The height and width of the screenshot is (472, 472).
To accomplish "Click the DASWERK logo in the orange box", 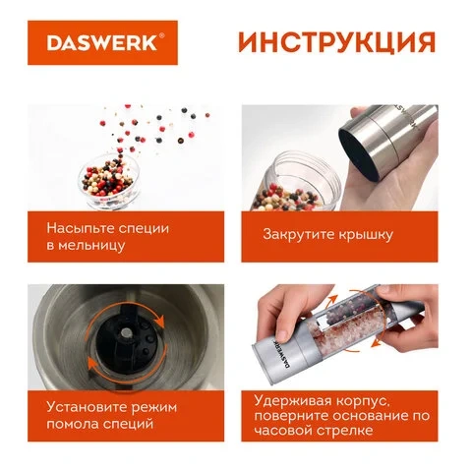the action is [x=102, y=42].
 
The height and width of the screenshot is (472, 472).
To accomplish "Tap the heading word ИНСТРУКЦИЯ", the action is [x=337, y=42].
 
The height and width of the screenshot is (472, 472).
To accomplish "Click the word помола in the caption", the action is [x=72, y=424].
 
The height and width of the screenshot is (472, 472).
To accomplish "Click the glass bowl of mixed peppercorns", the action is [x=109, y=181].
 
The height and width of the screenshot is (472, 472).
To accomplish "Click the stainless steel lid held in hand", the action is [x=386, y=140].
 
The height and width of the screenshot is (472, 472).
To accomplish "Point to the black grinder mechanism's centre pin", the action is [x=126, y=333].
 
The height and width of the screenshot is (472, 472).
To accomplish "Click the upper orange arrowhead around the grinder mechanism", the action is [x=160, y=321].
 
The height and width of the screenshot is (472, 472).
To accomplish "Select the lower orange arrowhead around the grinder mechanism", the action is [x=91, y=365].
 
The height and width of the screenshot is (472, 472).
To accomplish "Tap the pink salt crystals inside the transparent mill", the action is [x=347, y=332].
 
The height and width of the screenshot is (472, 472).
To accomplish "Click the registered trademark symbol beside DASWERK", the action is [x=161, y=35].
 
